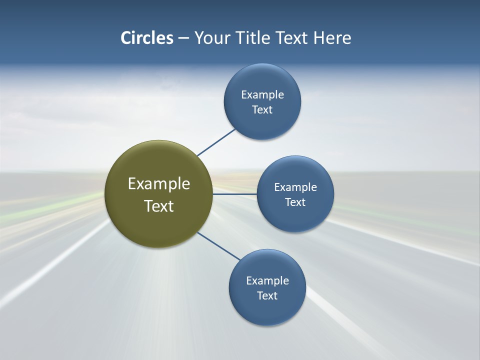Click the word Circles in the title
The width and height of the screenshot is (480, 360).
click(147, 38)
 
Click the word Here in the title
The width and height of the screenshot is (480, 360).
click(332, 38)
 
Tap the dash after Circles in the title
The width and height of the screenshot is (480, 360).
click(183, 38)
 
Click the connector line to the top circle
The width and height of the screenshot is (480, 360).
click(216, 142)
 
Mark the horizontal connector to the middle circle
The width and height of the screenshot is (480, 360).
click(235, 194)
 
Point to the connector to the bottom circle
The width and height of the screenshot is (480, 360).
click(219, 246)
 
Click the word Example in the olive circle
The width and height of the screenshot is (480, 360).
click(159, 184)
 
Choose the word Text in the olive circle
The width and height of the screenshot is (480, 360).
click(159, 206)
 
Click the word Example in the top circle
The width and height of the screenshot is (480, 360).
click(262, 95)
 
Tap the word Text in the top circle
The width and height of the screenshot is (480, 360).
click(262, 110)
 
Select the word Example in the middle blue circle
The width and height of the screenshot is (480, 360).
click(295, 187)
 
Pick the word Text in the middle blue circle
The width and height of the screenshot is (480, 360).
click(295, 202)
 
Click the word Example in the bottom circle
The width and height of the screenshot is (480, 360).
click(267, 281)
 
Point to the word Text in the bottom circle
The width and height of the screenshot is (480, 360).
click(267, 296)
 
